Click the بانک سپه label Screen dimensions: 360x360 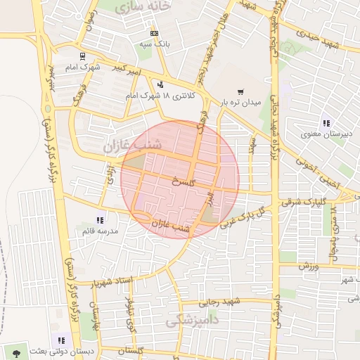pyautogui.click(x=154, y=44)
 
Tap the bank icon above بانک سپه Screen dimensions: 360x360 pyautogui.click(x=154, y=33)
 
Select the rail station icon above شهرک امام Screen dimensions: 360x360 pyautogui.click(x=83, y=56)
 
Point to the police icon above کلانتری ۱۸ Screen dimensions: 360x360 pyautogui.click(x=161, y=84)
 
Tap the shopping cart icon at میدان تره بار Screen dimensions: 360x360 pyautogui.click(x=241, y=91)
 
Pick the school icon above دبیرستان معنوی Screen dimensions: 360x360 pyautogui.click(x=326, y=122)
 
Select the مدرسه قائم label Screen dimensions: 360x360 pyautogui.click(x=103, y=230)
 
